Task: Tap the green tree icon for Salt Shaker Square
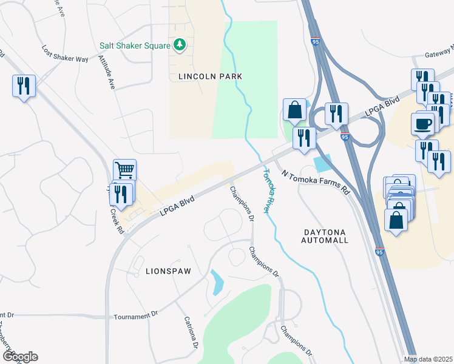point(179,45)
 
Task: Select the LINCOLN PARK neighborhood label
point(211,76)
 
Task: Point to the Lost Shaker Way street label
point(65,53)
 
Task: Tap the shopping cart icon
point(124,170)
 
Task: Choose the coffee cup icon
point(422,124)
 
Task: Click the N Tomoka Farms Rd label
point(316,181)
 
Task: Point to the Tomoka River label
point(266,190)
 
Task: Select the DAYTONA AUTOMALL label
point(325,237)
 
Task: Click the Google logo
point(19,357)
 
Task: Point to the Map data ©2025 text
point(429,359)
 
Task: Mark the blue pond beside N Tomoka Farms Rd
point(322,163)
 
